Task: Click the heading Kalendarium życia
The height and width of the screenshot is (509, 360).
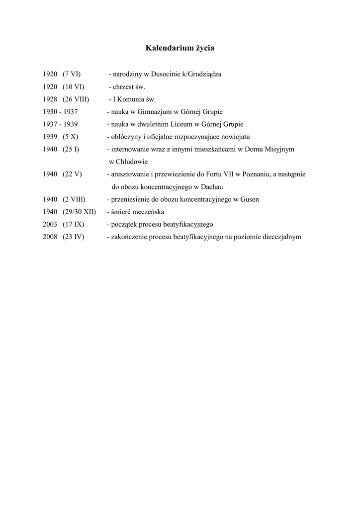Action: click(x=180, y=48)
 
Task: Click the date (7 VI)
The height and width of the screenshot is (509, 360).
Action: click(x=72, y=75)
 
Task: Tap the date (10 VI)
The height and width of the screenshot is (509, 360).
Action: click(x=74, y=87)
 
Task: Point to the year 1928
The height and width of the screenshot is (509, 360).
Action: click(x=50, y=99)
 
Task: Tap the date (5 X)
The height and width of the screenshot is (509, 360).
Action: click(x=71, y=137)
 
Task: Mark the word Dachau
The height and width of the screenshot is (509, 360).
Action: click(x=211, y=187)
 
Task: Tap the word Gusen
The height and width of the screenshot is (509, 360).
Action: click(x=250, y=199)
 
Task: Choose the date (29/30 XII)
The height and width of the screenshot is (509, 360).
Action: click(x=80, y=212)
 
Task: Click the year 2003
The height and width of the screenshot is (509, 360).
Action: click(x=50, y=224)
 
